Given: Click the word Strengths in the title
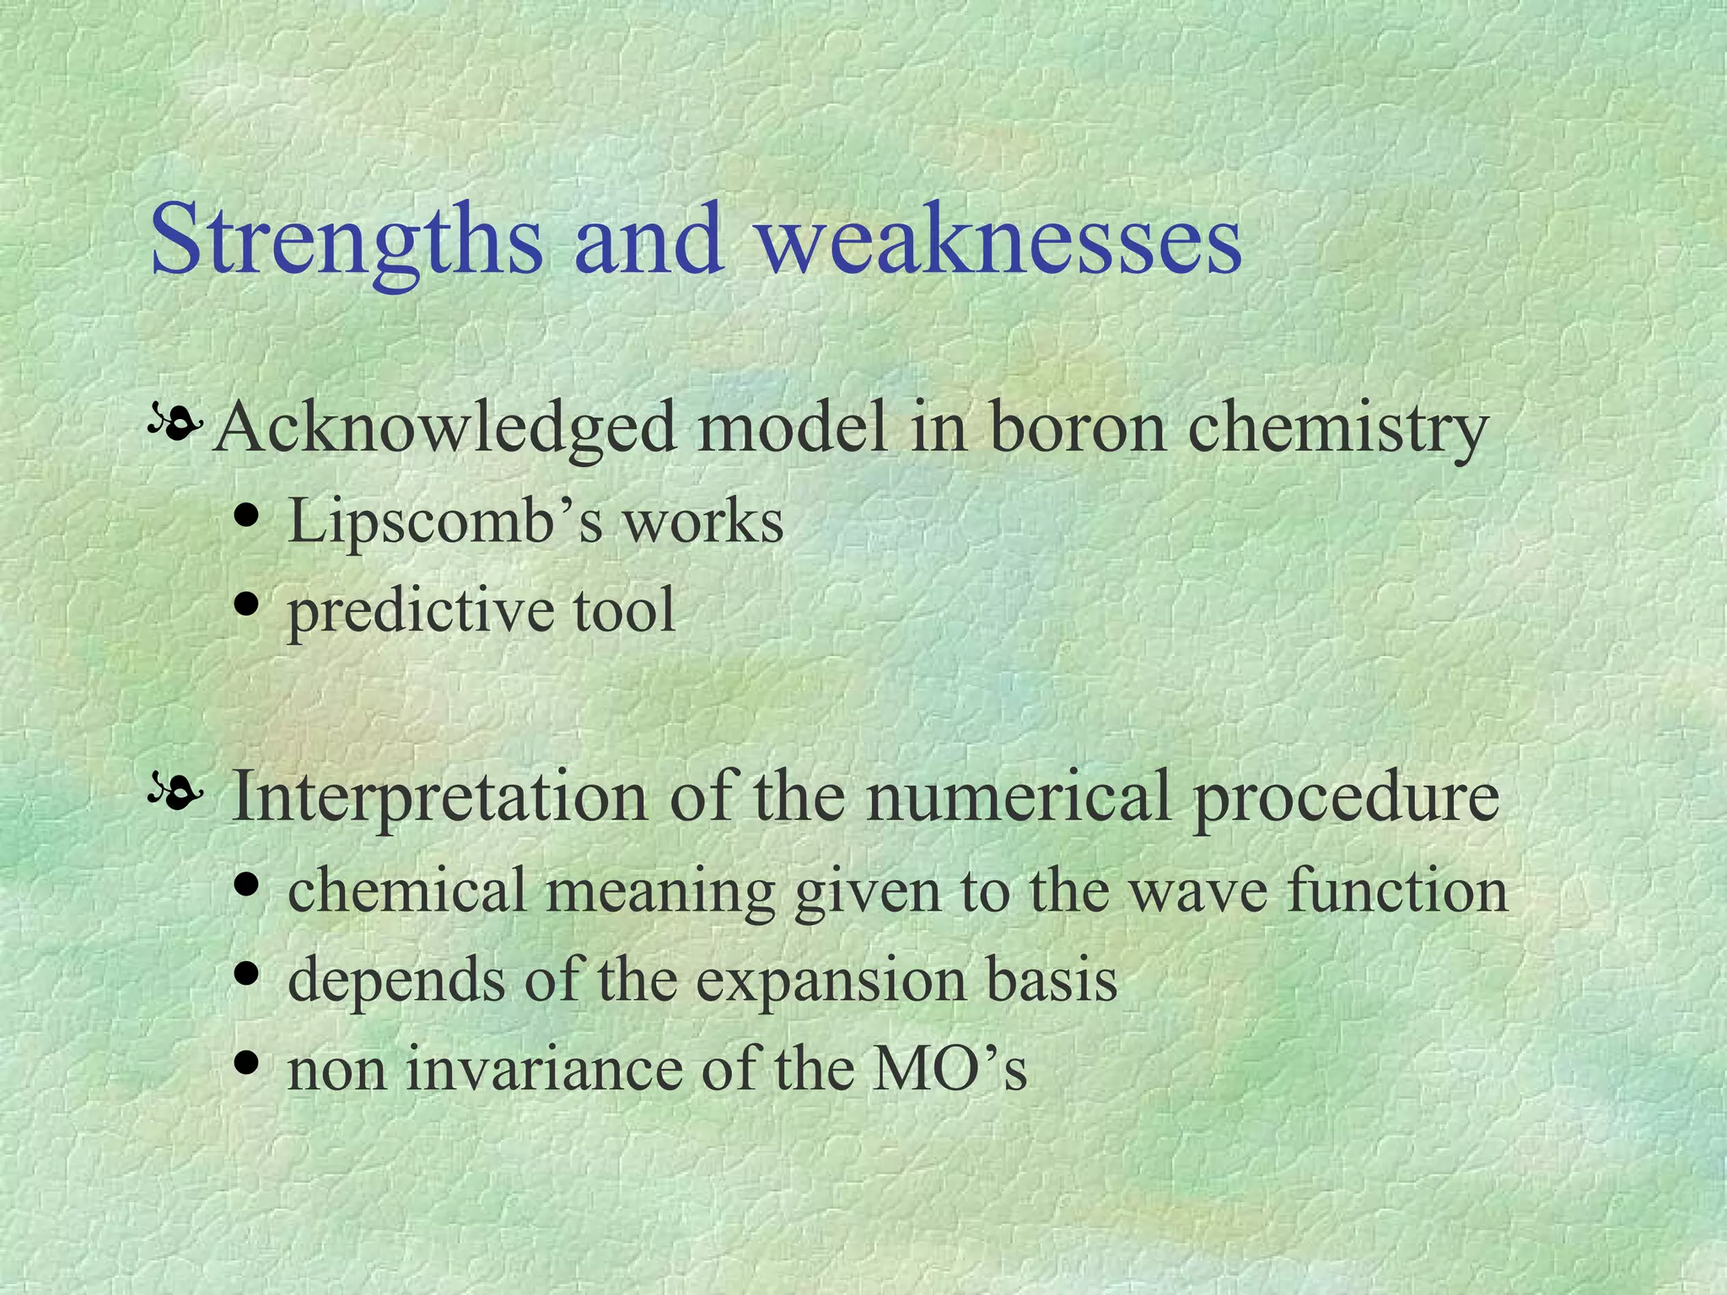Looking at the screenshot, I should (x=346, y=240).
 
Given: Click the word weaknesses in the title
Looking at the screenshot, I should (x=999, y=240).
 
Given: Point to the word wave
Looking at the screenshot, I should (x=1197, y=891).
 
